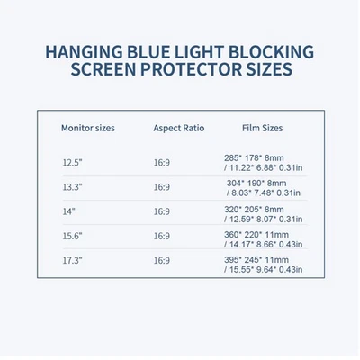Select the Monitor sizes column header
[x=87, y=128]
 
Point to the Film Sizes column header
[x=264, y=128]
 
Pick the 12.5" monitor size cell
[x=72, y=163]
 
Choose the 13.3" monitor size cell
[x=72, y=187]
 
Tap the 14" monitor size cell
[x=68, y=211]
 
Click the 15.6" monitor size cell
[x=72, y=236]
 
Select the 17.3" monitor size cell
[x=72, y=260]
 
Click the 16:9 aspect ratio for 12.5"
[x=161, y=163]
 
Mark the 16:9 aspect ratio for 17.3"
[x=161, y=260]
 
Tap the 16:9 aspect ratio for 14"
[x=161, y=211]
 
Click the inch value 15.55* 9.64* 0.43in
[x=265, y=267]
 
